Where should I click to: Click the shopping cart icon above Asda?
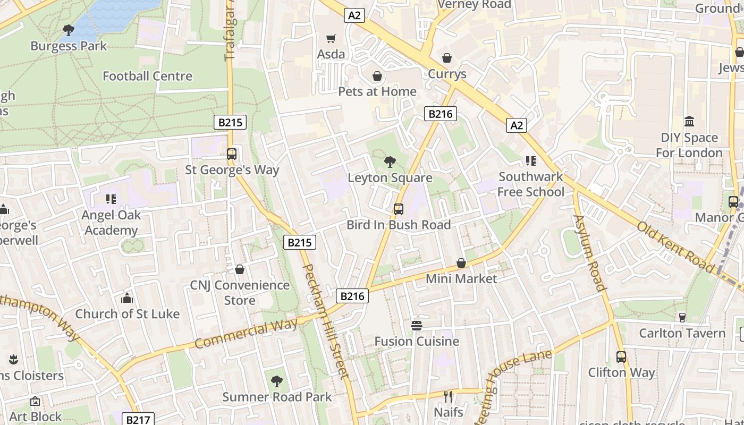click(331, 38)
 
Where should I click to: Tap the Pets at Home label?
click(377, 91)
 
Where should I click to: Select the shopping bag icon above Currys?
click(447, 57)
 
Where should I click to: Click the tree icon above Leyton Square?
click(390, 161)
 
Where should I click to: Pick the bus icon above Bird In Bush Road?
click(399, 209)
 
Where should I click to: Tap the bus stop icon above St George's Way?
click(232, 154)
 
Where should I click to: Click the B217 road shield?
click(139, 420)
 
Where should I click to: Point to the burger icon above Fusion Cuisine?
click(417, 325)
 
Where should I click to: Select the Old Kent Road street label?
click(675, 247)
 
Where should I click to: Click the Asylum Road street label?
click(589, 253)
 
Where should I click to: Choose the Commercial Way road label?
click(246, 334)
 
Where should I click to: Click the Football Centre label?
click(147, 76)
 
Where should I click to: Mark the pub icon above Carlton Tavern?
click(682, 317)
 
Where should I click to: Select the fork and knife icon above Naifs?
click(448, 396)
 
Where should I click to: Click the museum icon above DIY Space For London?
click(689, 122)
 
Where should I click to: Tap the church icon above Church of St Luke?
click(126, 298)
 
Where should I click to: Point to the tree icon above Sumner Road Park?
click(276, 381)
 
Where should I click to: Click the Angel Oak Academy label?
click(111, 223)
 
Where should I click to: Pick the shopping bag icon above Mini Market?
click(461, 263)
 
